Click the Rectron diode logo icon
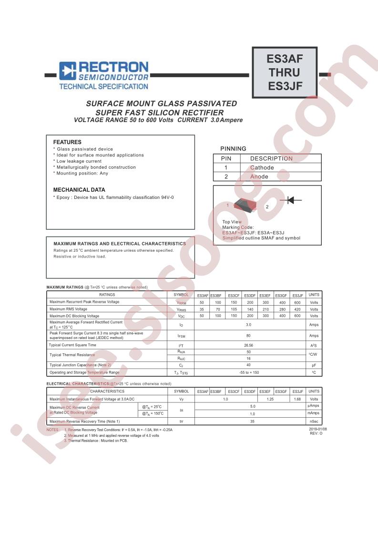68,71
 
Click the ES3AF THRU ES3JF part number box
285,72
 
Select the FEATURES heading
67,142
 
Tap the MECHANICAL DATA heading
79,190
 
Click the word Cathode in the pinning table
262,168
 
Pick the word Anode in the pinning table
259,176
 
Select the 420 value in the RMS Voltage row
297,309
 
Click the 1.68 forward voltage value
297,399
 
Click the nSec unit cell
314,422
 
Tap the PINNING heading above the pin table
233,149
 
